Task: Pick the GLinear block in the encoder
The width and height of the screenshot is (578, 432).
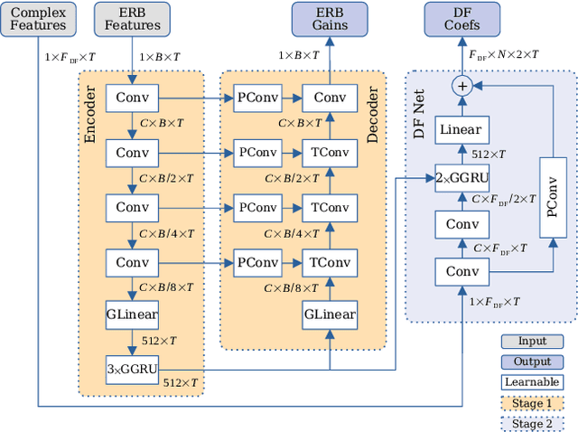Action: click(132, 315)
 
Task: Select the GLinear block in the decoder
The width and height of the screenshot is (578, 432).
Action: click(330, 315)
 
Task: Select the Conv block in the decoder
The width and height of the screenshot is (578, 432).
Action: click(330, 97)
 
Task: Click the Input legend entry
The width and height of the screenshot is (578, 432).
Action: click(531, 342)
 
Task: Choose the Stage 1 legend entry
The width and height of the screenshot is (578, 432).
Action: click(531, 402)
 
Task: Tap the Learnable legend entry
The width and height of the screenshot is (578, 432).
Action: click(531, 381)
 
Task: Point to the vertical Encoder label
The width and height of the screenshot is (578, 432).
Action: click(90, 118)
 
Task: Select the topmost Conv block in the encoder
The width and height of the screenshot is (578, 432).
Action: click(132, 97)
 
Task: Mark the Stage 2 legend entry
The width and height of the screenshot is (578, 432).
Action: click(531, 422)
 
